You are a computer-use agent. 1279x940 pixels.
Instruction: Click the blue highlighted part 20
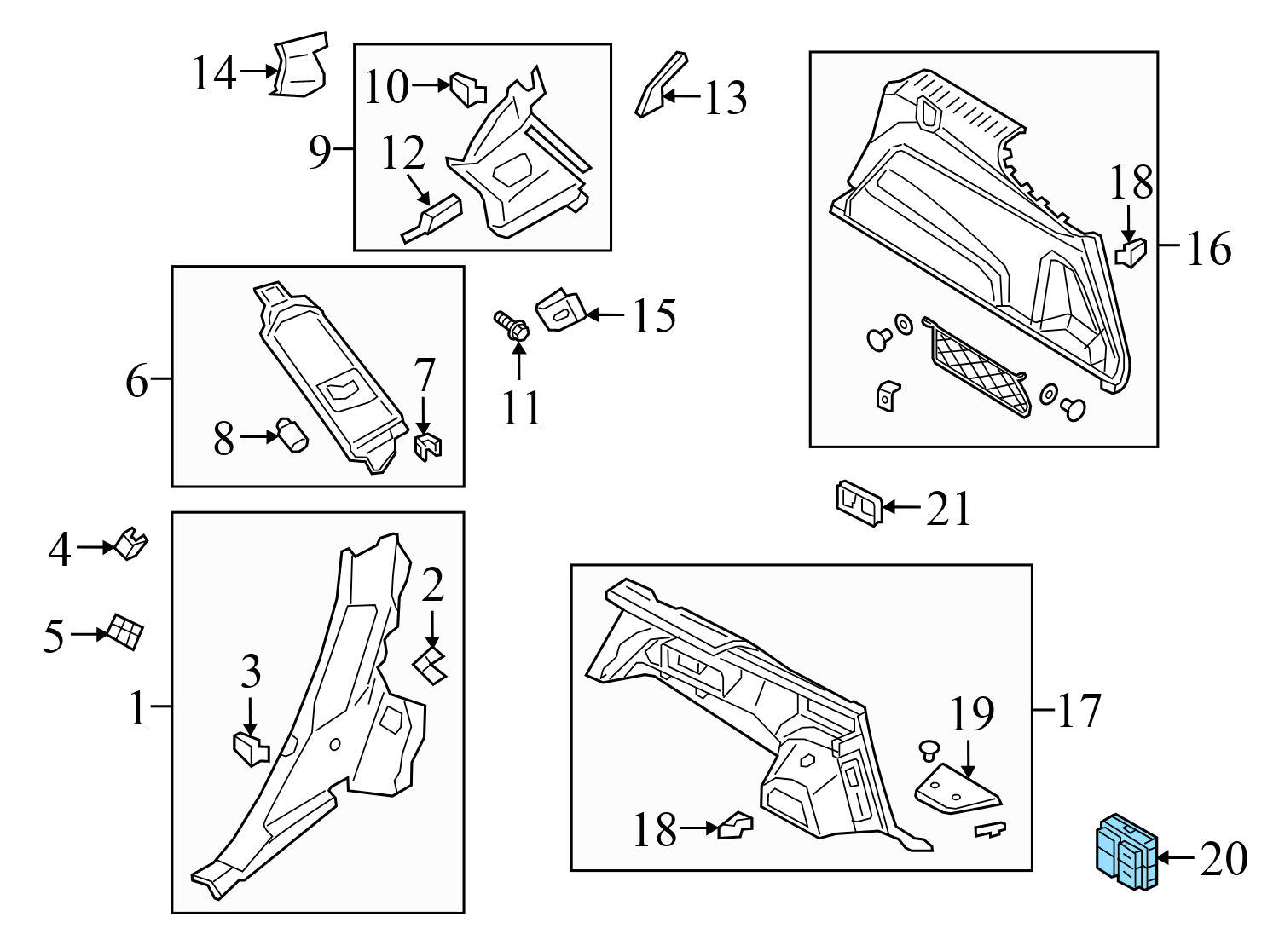[1125, 853]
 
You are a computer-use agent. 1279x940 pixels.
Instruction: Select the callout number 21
[948, 509]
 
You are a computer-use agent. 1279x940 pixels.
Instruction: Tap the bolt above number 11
[512, 326]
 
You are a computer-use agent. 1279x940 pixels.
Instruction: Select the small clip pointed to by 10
[467, 89]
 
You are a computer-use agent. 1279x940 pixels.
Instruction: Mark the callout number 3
[250, 672]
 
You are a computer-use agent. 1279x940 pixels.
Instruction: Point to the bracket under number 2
[431, 664]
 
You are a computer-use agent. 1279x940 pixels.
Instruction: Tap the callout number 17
[1079, 710]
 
